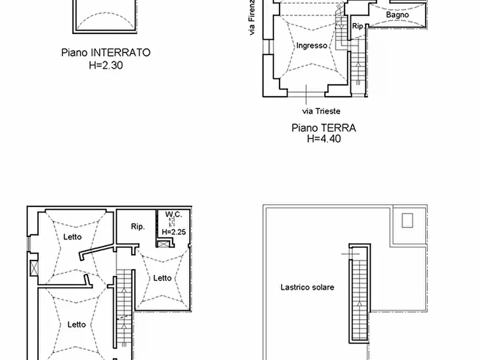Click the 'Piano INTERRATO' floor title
pos(105,53)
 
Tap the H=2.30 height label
pos(105,64)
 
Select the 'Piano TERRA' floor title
pos(324,128)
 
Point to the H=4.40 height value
pos(324,139)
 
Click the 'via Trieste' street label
pos(321,111)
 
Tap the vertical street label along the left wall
pos(252,19)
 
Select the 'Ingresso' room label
pos(312,46)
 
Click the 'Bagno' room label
pos(397,15)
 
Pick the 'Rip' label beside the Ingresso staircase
pos(357,26)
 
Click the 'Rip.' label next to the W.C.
pos(138,227)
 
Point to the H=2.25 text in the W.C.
pos(173,232)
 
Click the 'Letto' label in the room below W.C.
pos(162,278)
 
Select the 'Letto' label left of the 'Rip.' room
pos(73,237)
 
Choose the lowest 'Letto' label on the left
pos(77,324)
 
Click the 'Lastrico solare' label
pos(307,287)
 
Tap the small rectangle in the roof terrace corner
pos(407,220)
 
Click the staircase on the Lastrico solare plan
pos(359,293)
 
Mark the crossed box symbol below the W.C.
pos(163,243)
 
